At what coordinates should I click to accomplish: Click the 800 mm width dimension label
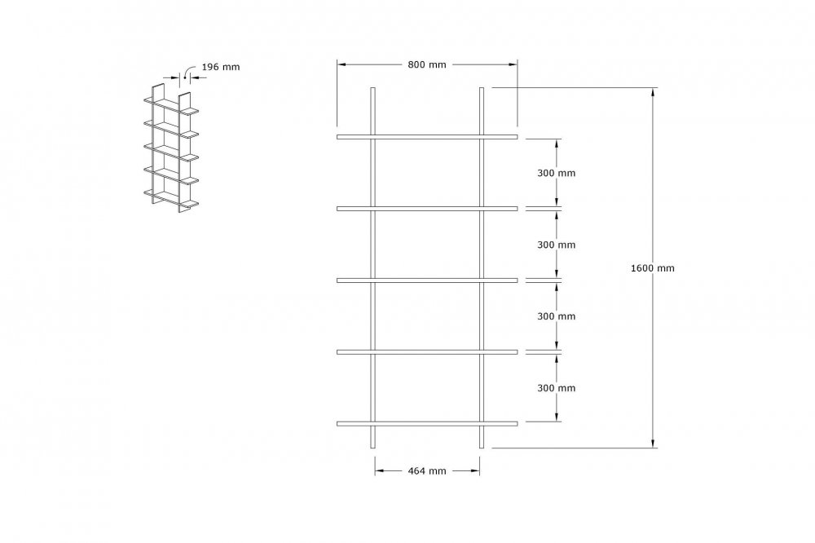(427, 64)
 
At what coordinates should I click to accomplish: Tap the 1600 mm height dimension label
(652, 268)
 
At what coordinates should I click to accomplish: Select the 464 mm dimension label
(427, 470)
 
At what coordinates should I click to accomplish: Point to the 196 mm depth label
(220, 67)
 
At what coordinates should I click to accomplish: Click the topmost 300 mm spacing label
(556, 173)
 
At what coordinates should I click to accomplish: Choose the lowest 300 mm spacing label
(556, 388)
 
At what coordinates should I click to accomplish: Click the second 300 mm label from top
(556, 245)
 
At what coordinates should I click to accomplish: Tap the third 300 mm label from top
(556, 316)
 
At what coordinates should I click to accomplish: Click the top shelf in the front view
(427, 137)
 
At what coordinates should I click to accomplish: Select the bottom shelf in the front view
(427, 423)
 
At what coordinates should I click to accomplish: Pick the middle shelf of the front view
(427, 280)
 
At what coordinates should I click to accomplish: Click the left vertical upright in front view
(372, 267)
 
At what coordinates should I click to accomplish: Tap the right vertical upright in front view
(482, 267)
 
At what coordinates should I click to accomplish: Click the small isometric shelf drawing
(171, 148)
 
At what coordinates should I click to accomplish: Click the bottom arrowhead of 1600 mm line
(653, 443)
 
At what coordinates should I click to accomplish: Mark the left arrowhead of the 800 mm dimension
(342, 64)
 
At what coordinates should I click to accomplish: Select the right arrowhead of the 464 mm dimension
(474, 470)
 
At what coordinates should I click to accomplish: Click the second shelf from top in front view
(427, 209)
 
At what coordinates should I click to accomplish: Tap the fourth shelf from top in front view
(427, 352)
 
